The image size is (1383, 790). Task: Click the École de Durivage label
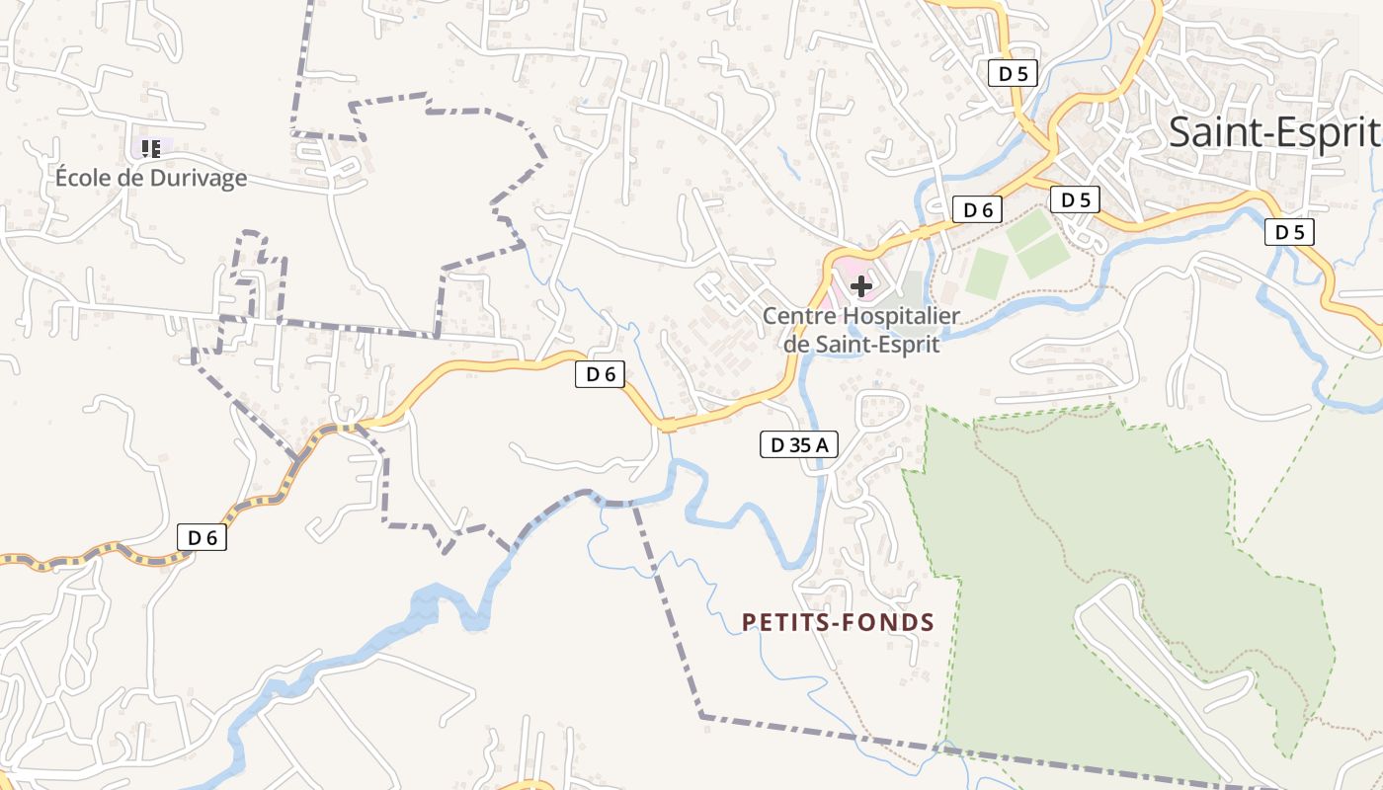tap(150, 178)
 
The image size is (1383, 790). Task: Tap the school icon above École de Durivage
tap(151, 149)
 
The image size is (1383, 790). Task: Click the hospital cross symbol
tap(861, 287)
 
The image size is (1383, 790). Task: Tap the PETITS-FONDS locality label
tap(838, 622)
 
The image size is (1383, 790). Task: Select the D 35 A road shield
tap(798, 445)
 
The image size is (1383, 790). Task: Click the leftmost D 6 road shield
tap(202, 537)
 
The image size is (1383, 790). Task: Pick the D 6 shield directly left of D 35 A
tap(601, 374)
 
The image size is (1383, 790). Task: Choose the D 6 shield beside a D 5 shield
tap(977, 209)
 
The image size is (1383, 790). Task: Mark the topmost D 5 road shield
tap(1013, 72)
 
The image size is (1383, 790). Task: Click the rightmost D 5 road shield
tap(1289, 232)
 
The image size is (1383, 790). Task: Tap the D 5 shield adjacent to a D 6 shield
tap(1075, 199)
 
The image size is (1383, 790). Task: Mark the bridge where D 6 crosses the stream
tap(668, 425)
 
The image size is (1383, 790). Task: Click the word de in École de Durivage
tap(132, 178)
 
